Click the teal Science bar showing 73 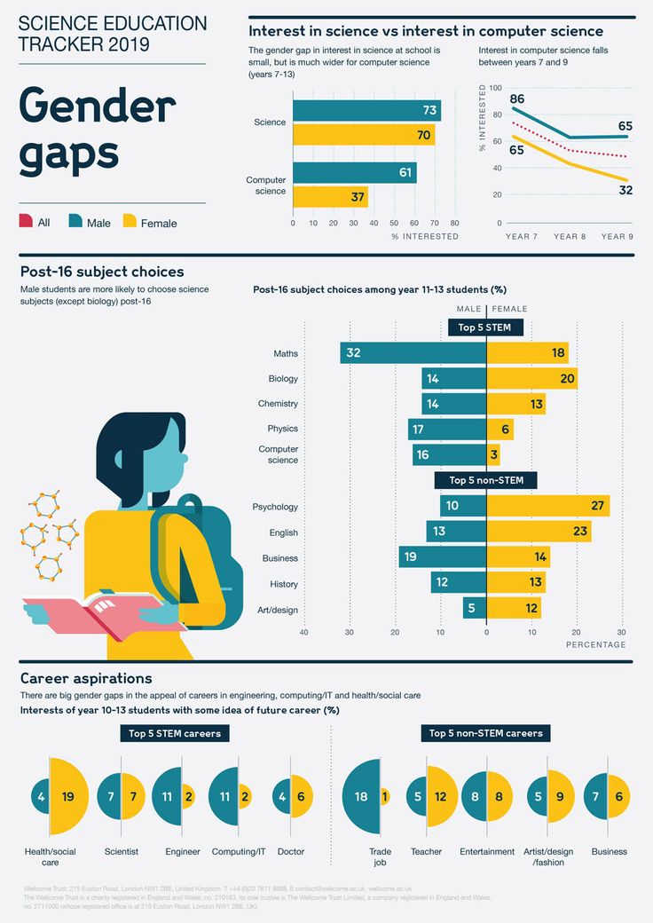click(366, 110)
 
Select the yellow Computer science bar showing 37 click(330, 196)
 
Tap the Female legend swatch click(130, 221)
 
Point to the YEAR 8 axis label click(570, 237)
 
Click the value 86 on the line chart click(516, 99)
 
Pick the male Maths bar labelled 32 click(413, 353)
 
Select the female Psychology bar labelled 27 click(547, 507)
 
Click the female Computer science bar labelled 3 click(493, 454)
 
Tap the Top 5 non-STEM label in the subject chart click(486, 480)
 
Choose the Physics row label click(282, 429)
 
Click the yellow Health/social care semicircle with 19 click(67, 796)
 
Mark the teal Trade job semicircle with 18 click(361, 796)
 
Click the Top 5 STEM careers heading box click(175, 734)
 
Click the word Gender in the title click(97, 107)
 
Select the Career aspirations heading click(86, 678)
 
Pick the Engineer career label click(183, 852)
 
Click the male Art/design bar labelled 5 click(475, 608)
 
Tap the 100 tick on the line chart click(494, 89)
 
